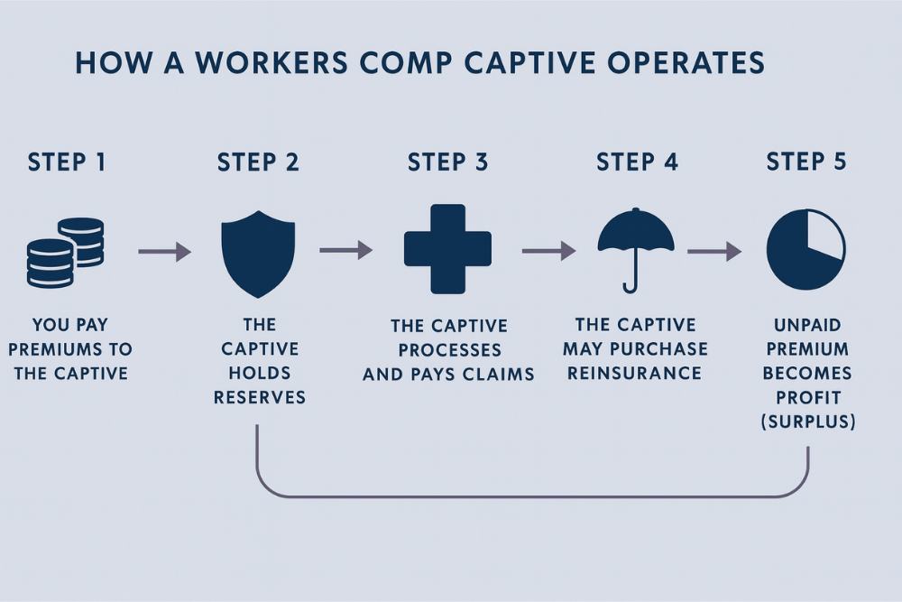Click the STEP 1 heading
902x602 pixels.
(67, 162)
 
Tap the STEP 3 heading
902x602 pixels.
(448, 162)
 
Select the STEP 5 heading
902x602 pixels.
(806, 162)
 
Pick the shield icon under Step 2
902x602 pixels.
(258, 254)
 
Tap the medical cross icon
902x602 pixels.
(447, 249)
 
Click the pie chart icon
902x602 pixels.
(805, 249)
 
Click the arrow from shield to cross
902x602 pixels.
(346, 250)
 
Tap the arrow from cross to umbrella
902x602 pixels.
(548, 250)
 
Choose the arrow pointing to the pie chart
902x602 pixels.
(713, 251)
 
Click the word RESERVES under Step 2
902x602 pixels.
(260, 397)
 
